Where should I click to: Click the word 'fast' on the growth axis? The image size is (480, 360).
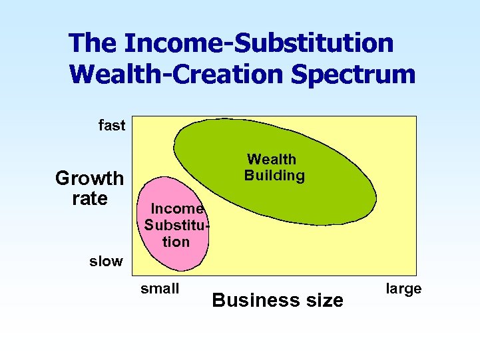click(112, 125)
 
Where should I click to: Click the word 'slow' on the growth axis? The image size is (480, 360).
click(106, 261)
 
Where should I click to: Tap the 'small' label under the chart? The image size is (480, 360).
click(160, 289)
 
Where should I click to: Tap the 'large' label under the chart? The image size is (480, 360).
click(403, 289)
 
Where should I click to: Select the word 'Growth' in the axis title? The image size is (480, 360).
click(89, 178)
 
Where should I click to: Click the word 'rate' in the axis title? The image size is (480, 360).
click(89, 198)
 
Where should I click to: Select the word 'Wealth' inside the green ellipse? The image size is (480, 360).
click(272, 160)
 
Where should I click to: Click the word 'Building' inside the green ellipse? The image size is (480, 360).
click(274, 176)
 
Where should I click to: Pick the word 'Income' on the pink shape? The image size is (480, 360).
click(172, 208)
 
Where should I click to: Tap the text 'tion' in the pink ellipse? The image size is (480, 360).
click(176, 242)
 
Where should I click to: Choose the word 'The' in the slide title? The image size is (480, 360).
click(93, 44)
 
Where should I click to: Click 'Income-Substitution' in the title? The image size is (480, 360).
click(259, 44)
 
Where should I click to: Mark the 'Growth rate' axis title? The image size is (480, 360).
click(89, 188)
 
